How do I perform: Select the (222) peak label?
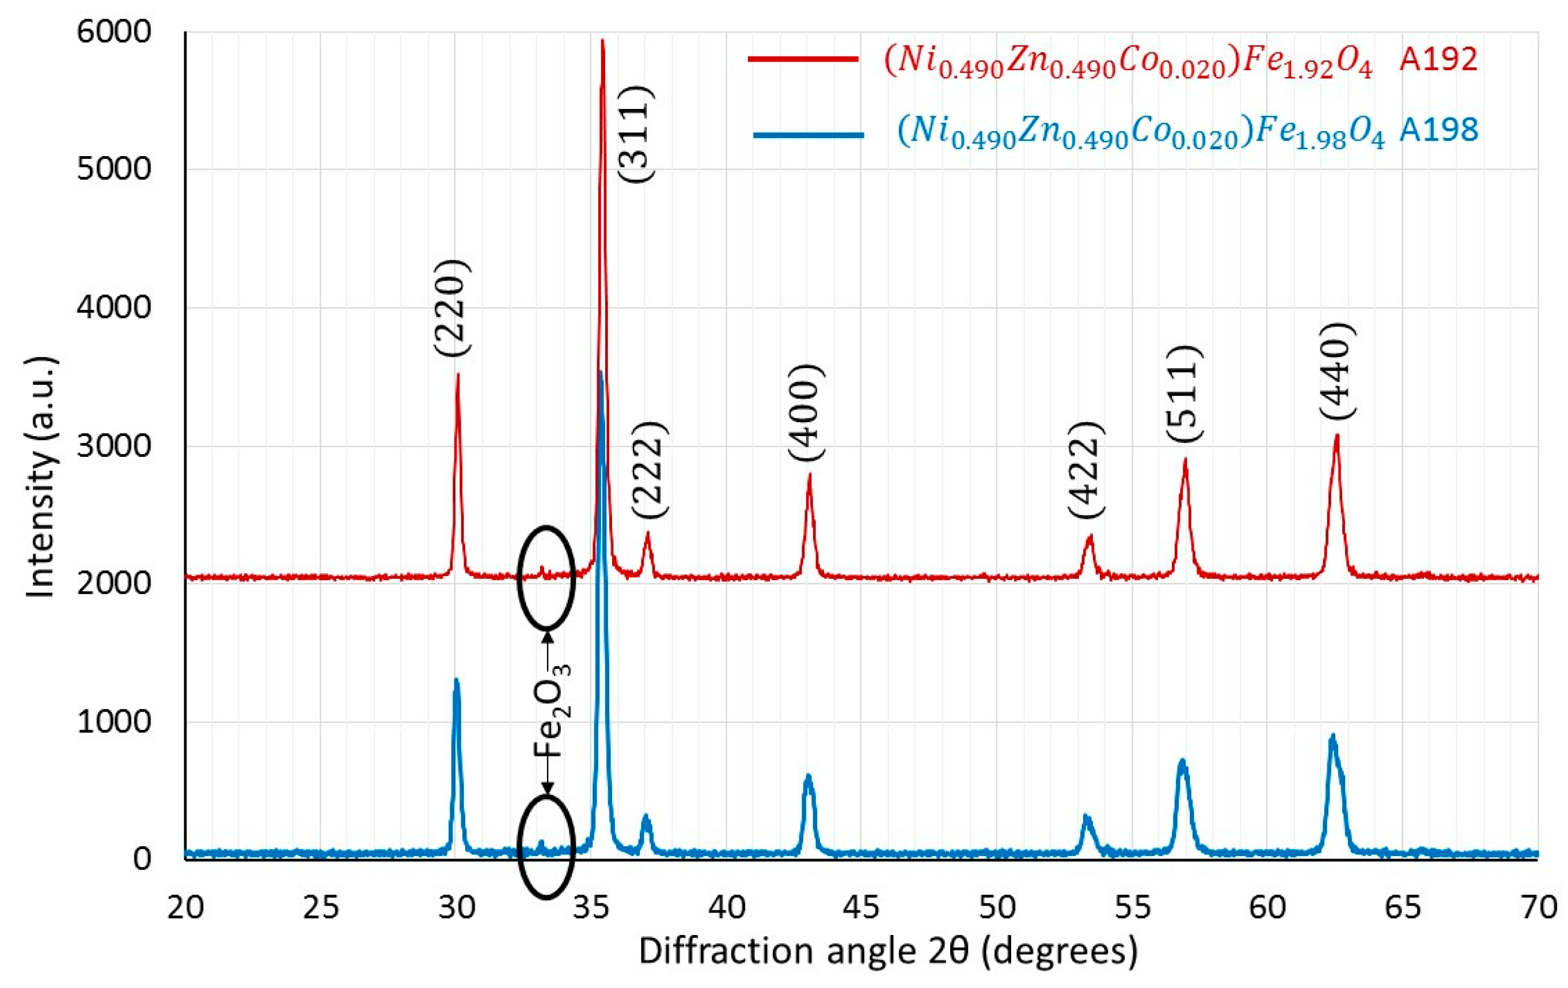click(x=650, y=470)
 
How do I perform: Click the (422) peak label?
click(x=1086, y=470)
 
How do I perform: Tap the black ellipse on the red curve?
click(x=546, y=578)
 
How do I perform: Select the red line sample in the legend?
click(x=803, y=59)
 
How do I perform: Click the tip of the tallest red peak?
click(x=602, y=40)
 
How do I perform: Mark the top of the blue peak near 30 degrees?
click(x=457, y=680)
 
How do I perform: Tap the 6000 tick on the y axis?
click(x=114, y=31)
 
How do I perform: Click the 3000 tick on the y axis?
click(x=114, y=445)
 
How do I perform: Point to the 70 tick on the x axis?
click(x=1538, y=907)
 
